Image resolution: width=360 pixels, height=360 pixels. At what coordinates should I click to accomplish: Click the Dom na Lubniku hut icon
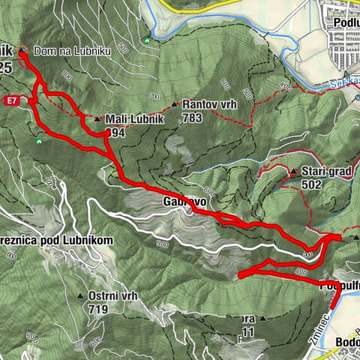pos(22,49)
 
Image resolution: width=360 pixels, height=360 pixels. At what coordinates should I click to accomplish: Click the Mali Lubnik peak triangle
pos(97,118)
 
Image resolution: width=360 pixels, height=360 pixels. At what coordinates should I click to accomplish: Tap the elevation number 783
pos(193,118)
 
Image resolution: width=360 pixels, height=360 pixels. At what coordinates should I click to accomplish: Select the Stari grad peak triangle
pos(292,172)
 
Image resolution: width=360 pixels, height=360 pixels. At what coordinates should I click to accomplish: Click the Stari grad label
pos(325,172)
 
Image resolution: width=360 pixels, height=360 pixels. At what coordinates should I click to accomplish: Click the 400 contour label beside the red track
pos(301,271)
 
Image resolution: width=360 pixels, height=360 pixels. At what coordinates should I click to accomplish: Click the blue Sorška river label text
pos(343,86)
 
